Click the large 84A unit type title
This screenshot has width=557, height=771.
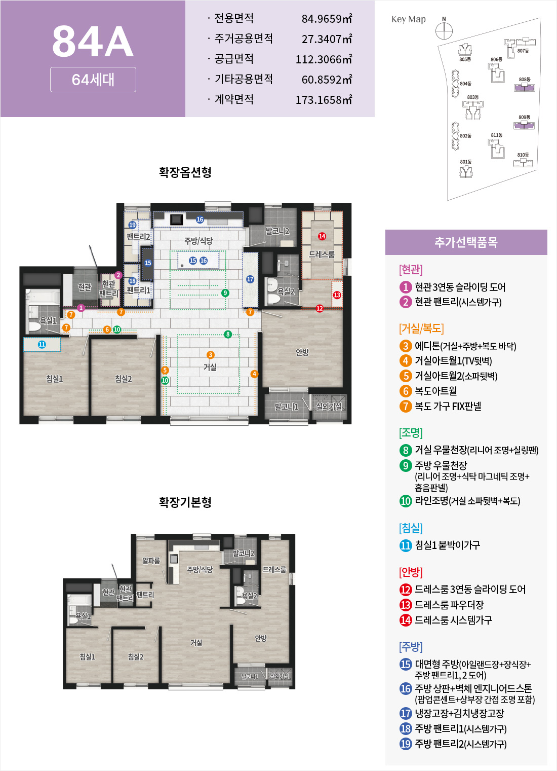click(x=93, y=42)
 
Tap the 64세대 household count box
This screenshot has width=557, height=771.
click(x=93, y=80)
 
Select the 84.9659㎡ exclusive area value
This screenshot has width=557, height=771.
click(x=327, y=19)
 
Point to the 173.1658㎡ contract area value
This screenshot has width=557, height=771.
click(x=324, y=100)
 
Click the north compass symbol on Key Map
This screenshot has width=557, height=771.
click(x=444, y=31)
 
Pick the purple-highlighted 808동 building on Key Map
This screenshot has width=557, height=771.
click(x=525, y=87)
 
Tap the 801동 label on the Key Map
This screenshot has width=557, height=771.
click(x=465, y=162)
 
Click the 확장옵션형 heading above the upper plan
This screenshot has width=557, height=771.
click(x=185, y=172)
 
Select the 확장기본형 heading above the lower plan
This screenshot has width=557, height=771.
click(x=185, y=502)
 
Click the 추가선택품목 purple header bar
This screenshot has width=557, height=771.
click(x=466, y=242)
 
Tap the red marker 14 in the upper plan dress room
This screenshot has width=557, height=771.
click(x=322, y=236)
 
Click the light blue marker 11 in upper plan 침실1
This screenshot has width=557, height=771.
click(x=42, y=344)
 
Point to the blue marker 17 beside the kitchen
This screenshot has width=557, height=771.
click(x=250, y=279)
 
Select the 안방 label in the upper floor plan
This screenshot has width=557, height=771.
click(x=302, y=352)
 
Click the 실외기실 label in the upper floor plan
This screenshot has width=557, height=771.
click(x=329, y=407)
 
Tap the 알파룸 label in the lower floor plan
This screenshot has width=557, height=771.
click(x=151, y=561)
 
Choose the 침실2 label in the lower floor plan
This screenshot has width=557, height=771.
click(x=136, y=657)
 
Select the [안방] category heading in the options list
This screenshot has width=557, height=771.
click(x=411, y=572)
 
